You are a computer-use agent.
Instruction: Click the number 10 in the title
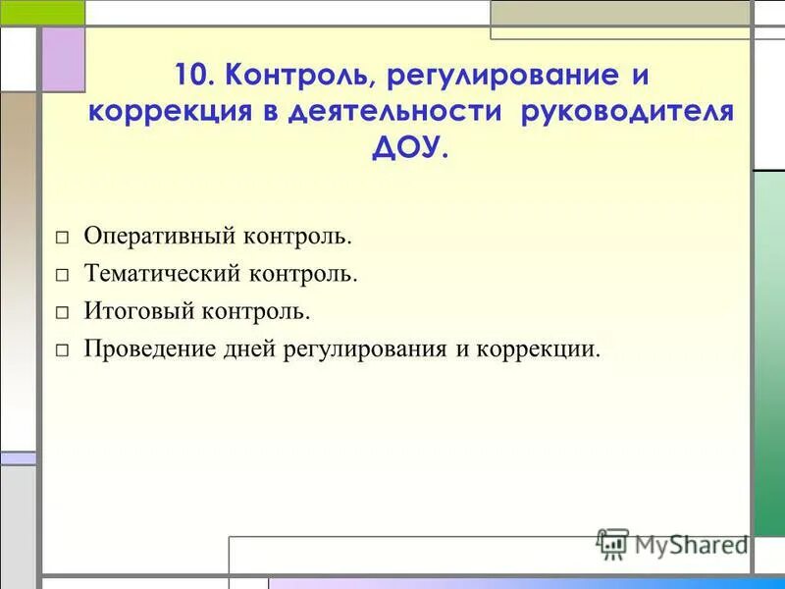[191, 76]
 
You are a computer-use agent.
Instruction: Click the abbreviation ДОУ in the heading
[406, 146]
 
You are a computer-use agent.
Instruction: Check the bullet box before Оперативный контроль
[62, 239]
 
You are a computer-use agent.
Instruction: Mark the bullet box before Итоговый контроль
[62, 313]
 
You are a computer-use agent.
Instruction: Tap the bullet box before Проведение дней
[62, 350]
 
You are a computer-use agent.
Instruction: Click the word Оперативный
[164, 237]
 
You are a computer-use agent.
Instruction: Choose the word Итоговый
[140, 311]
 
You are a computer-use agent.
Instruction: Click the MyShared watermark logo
[671, 544]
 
